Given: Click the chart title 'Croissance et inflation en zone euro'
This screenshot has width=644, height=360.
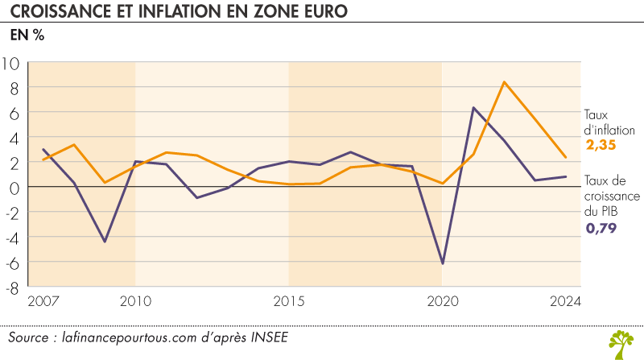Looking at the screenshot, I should pos(169,12).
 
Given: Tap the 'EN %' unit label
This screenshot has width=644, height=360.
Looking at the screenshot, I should pos(27,36).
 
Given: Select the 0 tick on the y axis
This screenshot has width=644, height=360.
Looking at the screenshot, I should pos(15,187).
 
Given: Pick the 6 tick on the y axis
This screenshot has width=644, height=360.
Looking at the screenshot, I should pos(15,113).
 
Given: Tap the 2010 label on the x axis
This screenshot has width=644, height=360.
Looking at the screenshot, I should pos(134,301).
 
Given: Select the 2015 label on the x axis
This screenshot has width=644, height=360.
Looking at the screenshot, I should pos(288,301).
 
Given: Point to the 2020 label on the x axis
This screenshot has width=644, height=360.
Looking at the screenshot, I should pos(442,301).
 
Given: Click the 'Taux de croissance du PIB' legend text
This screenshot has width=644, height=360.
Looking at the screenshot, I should pos(611,196).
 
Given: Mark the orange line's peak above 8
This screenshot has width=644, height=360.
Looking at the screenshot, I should pos(504,82).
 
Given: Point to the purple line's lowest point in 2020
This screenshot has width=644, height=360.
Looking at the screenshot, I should pos(442,263).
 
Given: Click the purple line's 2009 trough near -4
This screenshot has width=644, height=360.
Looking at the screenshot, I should pos(104,242).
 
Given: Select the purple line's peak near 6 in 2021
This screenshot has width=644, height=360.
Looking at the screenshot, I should pos(473,108).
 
